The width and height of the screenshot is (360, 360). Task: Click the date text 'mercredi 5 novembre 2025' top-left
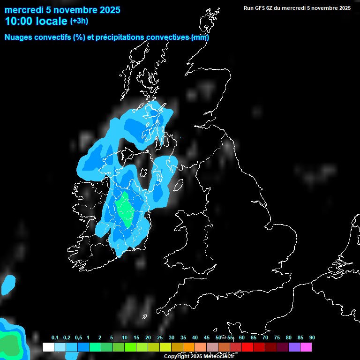tap(62, 10)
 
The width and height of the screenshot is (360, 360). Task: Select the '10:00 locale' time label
tap(36, 21)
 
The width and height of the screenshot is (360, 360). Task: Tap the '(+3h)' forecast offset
tap(79, 21)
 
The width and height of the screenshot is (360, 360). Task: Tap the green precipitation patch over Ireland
tap(125, 210)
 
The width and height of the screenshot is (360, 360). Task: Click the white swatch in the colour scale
tap(48, 347)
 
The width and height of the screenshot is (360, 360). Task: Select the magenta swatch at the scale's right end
tap(306, 347)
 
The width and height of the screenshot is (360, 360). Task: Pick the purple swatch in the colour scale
tap(294, 347)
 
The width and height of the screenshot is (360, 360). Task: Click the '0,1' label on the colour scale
tap(55, 338)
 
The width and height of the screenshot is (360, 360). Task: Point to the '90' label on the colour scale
tap(312, 338)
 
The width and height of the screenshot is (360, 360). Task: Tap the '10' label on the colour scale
tap(125, 338)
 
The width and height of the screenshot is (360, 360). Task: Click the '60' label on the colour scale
tap(242, 338)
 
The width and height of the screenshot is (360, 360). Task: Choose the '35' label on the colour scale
tap(183, 338)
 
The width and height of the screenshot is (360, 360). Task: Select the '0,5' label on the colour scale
tap(78, 338)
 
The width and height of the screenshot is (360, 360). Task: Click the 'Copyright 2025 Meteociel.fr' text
tap(199, 357)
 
